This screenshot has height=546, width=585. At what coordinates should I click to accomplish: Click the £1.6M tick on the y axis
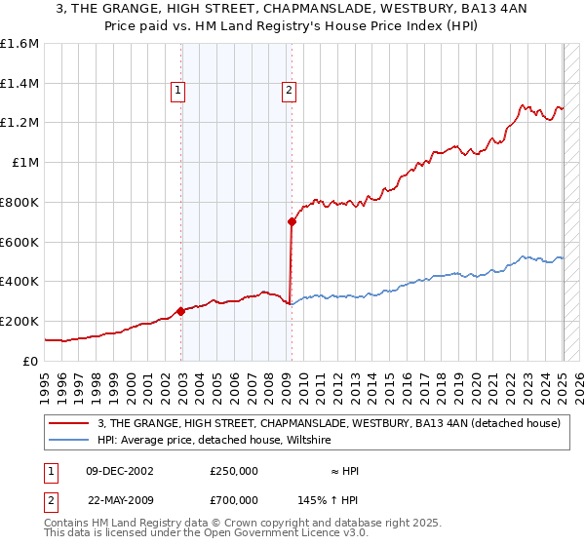pos(19,44)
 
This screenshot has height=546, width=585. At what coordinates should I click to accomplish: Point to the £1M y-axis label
pos(25,163)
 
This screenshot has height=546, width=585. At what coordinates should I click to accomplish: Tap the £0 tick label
pos(31,361)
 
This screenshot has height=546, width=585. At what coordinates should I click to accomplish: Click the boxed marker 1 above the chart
pos(178,92)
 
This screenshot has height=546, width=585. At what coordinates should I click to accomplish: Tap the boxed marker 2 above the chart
pos(290,92)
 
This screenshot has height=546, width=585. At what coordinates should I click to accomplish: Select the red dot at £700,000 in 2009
pos(292,222)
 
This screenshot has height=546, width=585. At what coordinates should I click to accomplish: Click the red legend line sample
pos(69,423)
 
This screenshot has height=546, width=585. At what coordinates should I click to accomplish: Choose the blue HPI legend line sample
pos(69,440)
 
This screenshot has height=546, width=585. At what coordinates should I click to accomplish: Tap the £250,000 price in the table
pos(234,471)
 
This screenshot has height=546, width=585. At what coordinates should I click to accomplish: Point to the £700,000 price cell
pos(234,499)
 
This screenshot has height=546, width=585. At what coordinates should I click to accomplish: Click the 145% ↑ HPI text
pos(329,499)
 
